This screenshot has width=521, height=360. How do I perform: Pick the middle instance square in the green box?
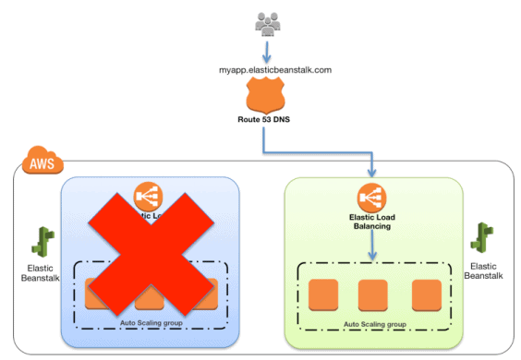tap(371, 294)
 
